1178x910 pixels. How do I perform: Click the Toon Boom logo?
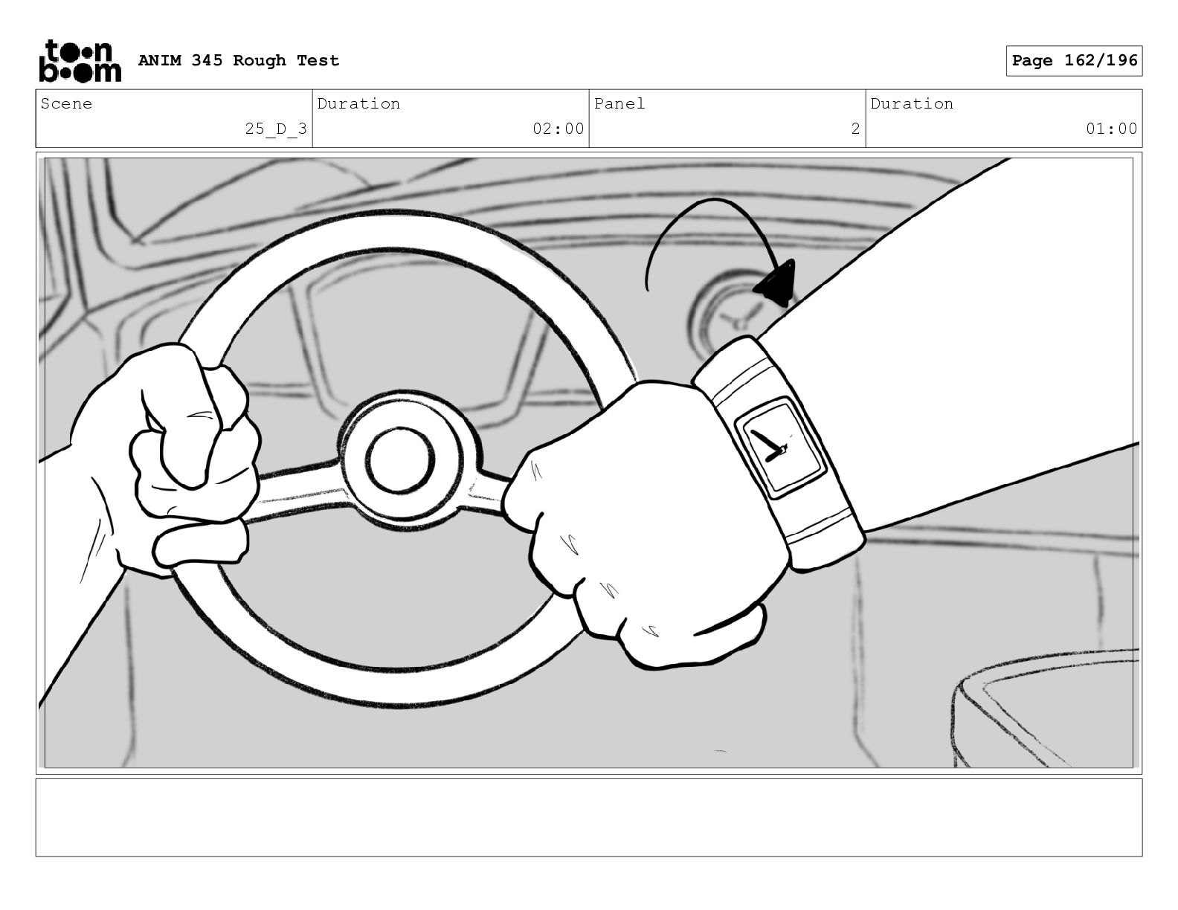(80, 61)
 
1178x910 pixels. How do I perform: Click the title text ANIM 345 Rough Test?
(239, 60)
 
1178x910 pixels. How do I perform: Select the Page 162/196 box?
(1074, 61)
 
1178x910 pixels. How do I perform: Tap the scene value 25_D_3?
(276, 129)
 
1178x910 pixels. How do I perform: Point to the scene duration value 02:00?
(559, 129)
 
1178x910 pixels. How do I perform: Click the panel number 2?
(855, 129)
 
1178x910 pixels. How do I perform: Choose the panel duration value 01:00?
(1111, 129)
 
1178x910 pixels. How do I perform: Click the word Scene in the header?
(66, 103)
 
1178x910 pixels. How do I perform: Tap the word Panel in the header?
(619, 103)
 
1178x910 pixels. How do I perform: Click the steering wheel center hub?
(402, 459)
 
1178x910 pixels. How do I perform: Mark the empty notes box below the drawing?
(589, 818)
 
